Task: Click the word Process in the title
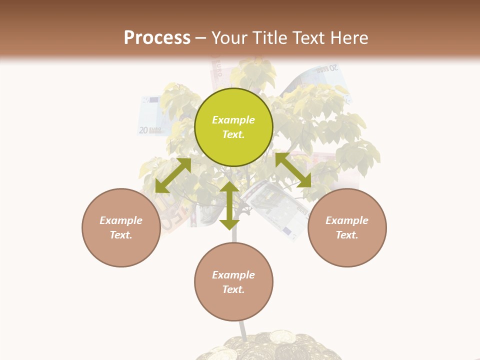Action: [x=157, y=38]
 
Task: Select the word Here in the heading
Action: [x=349, y=38]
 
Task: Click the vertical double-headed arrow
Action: [x=229, y=205]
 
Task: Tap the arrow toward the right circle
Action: [x=293, y=170]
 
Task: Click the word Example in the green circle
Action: [x=233, y=120]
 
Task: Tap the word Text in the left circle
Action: [x=121, y=235]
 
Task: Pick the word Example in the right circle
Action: [x=347, y=220]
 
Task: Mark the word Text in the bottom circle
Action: [x=233, y=289]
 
